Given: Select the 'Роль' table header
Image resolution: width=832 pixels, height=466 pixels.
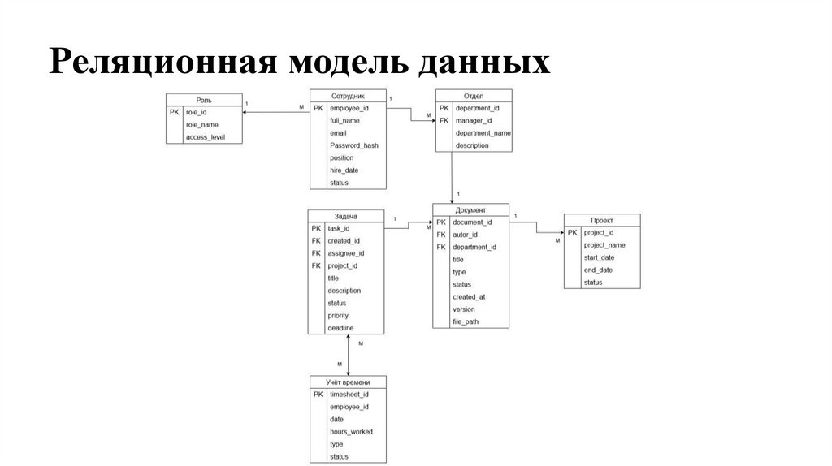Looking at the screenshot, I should pyautogui.click(x=204, y=100).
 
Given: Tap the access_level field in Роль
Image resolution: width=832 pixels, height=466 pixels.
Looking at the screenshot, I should pyautogui.click(x=205, y=137).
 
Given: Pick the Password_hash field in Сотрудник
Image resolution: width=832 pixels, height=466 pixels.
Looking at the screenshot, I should pyautogui.click(x=353, y=145).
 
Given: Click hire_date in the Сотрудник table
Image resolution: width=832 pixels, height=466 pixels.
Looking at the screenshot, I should pyautogui.click(x=344, y=170).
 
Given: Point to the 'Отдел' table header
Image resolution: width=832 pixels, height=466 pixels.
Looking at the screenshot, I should pyautogui.click(x=474, y=95).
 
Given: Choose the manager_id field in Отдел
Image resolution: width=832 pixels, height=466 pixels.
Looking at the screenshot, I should pyautogui.click(x=474, y=120).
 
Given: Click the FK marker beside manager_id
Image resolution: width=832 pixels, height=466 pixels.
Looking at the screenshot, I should pyautogui.click(x=444, y=120).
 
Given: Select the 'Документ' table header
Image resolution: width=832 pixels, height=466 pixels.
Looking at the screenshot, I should pyautogui.click(x=470, y=209).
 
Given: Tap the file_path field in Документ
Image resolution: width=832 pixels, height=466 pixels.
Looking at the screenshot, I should pyautogui.click(x=466, y=321).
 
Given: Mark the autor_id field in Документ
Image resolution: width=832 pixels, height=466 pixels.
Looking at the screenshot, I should pyautogui.click(x=466, y=235).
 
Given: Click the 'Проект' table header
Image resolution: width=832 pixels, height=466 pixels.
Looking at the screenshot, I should pyautogui.click(x=602, y=220).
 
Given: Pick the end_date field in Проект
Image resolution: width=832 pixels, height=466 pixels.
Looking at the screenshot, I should pyautogui.click(x=599, y=270).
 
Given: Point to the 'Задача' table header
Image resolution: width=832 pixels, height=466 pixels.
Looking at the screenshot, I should pyautogui.click(x=345, y=216).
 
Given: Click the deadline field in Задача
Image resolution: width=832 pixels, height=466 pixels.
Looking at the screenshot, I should pyautogui.click(x=340, y=328).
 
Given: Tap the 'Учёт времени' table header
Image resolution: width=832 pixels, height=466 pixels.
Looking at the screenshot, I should pyautogui.click(x=348, y=382).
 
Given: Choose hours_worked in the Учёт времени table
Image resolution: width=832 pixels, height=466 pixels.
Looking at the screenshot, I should pyautogui.click(x=351, y=432).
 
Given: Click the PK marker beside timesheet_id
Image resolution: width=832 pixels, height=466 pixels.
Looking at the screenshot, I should pyautogui.click(x=318, y=395).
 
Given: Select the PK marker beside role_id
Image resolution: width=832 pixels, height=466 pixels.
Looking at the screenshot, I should pyautogui.click(x=175, y=112).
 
